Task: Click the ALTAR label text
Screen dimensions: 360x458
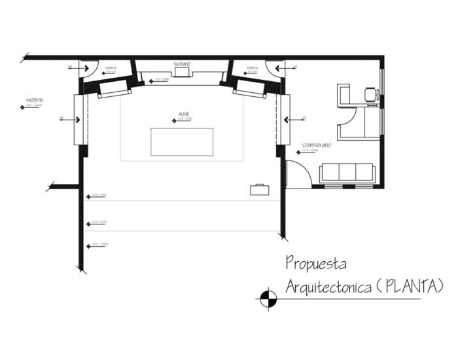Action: pos(184,113)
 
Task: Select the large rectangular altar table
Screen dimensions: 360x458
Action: pos(182,142)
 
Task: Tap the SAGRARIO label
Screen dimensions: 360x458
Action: pos(182,63)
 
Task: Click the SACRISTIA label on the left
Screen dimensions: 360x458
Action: pos(34,100)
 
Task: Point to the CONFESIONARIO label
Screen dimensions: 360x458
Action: pos(315,145)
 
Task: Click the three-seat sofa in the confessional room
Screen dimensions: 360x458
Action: pos(347,172)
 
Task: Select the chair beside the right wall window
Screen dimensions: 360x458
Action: pos(372,94)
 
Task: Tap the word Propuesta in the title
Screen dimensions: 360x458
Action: pos(317,264)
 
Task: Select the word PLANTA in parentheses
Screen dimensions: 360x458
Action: pos(410,286)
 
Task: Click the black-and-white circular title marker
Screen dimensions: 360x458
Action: pos(267,298)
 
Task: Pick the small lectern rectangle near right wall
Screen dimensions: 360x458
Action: pos(260,189)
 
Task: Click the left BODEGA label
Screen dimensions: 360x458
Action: pos(111,68)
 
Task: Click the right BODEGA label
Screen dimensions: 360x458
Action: pos(252,68)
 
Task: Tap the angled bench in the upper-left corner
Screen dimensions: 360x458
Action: pos(114,89)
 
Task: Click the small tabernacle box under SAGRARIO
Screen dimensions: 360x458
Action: pos(182,73)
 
